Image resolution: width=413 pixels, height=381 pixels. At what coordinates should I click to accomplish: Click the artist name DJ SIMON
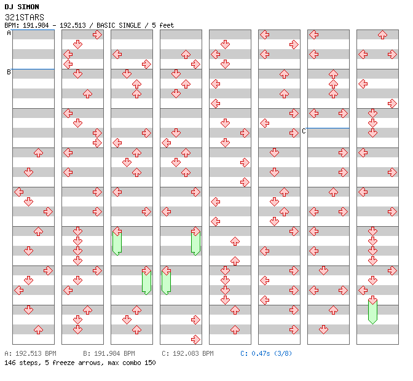[22, 7]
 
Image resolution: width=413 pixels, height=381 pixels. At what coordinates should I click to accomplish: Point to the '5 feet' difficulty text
[162, 25]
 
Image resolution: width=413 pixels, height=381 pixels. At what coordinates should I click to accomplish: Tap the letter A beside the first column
[9, 33]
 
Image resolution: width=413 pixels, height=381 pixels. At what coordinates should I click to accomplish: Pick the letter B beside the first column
[9, 72]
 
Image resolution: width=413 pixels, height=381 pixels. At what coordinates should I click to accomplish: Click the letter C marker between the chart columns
[304, 131]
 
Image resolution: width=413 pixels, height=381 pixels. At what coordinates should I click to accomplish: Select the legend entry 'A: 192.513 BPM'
[30, 354]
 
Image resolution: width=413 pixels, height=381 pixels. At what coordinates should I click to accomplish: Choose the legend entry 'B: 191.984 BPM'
[109, 354]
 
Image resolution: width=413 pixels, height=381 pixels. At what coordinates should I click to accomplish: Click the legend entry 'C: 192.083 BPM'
[187, 354]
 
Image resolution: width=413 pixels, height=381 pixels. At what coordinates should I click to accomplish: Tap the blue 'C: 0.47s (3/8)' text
[266, 354]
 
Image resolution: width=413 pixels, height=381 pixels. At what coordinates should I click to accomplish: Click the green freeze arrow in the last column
[372, 310]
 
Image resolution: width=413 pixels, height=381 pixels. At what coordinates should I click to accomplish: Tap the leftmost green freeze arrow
[117, 240]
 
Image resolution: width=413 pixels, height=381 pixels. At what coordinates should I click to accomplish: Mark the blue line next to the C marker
[328, 128]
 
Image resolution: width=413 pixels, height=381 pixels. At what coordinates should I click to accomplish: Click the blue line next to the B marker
[33, 69]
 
